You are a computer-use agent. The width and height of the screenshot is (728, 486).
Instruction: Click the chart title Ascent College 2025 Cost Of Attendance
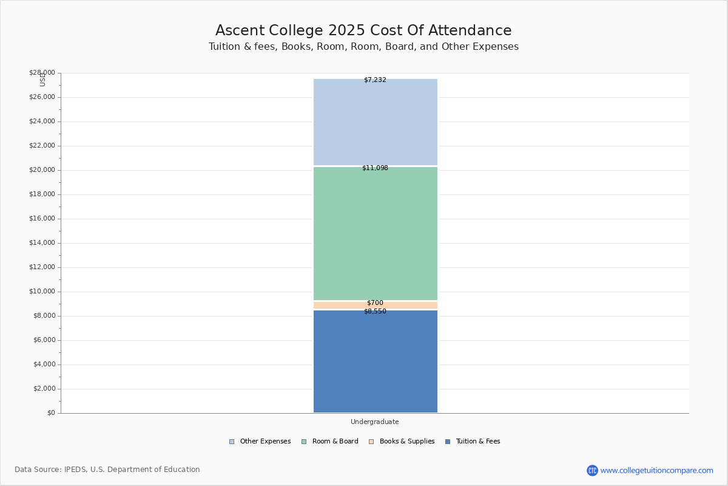(363, 30)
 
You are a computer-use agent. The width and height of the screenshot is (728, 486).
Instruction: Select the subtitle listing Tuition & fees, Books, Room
(363, 47)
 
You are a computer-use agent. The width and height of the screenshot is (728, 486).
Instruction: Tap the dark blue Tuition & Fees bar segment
(375, 364)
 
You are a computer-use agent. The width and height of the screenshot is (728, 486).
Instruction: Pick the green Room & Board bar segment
(375, 234)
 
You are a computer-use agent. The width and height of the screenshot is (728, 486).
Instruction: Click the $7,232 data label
(375, 80)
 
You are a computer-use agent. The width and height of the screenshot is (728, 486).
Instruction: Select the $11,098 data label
(375, 168)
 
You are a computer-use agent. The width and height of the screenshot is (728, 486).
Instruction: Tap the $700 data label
(375, 303)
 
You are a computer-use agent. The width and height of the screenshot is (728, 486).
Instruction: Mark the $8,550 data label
(375, 312)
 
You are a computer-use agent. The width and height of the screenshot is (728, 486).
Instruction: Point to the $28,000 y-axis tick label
(42, 73)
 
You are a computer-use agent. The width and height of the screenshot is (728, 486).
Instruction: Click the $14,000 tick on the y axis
(42, 243)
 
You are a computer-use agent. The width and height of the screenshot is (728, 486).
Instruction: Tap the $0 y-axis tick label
(50, 413)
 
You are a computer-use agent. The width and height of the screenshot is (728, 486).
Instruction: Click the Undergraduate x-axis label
(375, 422)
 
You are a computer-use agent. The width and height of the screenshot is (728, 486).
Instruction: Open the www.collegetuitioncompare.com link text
(656, 470)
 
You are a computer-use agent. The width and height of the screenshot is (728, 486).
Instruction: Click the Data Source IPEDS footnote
(107, 470)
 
